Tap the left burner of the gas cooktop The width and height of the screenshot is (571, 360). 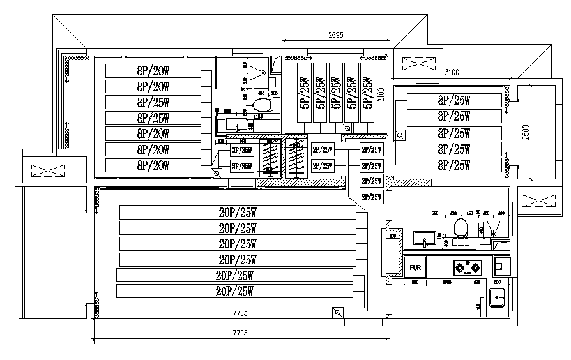[x=459, y=266]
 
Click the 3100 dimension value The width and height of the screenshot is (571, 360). [x=452, y=72]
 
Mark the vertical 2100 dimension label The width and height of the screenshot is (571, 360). [x=381, y=95]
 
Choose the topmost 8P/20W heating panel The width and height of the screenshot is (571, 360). [x=153, y=70]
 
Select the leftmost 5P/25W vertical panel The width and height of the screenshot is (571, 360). [x=304, y=92]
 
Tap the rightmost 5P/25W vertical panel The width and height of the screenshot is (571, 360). [x=367, y=92]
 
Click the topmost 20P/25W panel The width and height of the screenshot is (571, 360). [x=237, y=212]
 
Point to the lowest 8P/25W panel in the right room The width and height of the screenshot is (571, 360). [x=454, y=165]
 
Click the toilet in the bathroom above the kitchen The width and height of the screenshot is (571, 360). [x=460, y=229]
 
